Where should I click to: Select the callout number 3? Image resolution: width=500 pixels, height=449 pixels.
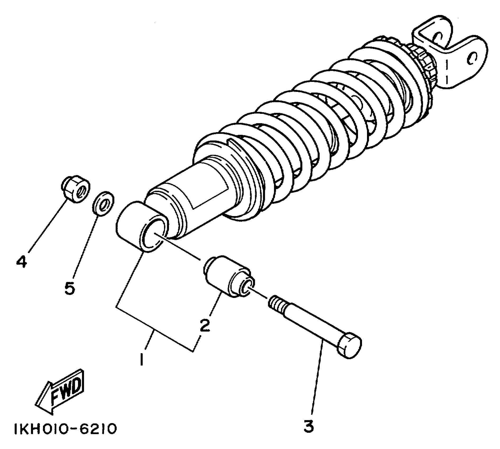click(x=308, y=427)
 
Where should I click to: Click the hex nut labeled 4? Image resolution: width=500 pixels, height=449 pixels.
click(x=75, y=189)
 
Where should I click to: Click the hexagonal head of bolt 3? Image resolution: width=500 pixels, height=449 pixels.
click(x=350, y=345)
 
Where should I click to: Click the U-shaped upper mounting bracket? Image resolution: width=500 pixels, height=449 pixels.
click(x=449, y=53)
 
